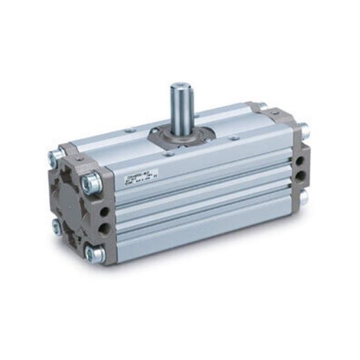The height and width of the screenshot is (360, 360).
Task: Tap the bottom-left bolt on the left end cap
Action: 56,227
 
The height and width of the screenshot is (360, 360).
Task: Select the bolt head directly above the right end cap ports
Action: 304,129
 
